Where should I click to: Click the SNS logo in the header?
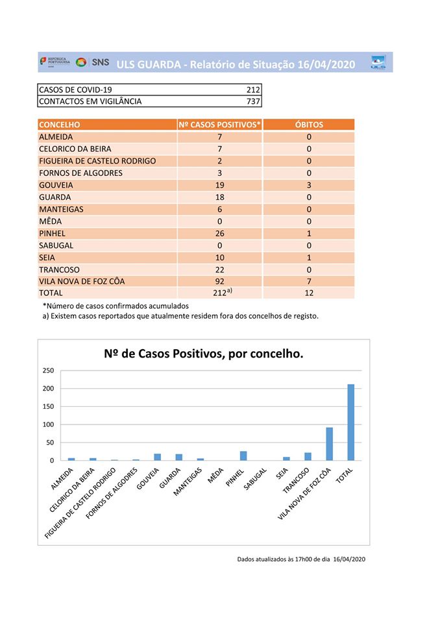tap(93, 62)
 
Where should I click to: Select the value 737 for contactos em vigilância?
tap(253, 101)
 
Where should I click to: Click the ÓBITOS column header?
tap(309, 125)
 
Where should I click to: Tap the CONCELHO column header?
tap(60, 125)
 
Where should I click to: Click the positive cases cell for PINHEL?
tap(220, 234)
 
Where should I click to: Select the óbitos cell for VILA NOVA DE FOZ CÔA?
tap(309, 282)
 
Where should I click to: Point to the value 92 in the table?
tap(220, 282)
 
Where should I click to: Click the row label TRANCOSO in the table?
tap(59, 269)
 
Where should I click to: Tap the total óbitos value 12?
tap(309, 293)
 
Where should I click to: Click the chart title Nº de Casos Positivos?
tap(204, 354)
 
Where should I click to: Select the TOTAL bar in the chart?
tap(351, 422)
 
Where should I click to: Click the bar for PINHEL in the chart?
tap(243, 456)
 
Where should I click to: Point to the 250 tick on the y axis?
tap(48, 371)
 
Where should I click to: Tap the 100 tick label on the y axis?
tap(48, 424)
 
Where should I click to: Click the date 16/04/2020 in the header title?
tap(326, 64)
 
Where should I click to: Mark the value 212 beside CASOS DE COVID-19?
tap(253, 90)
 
